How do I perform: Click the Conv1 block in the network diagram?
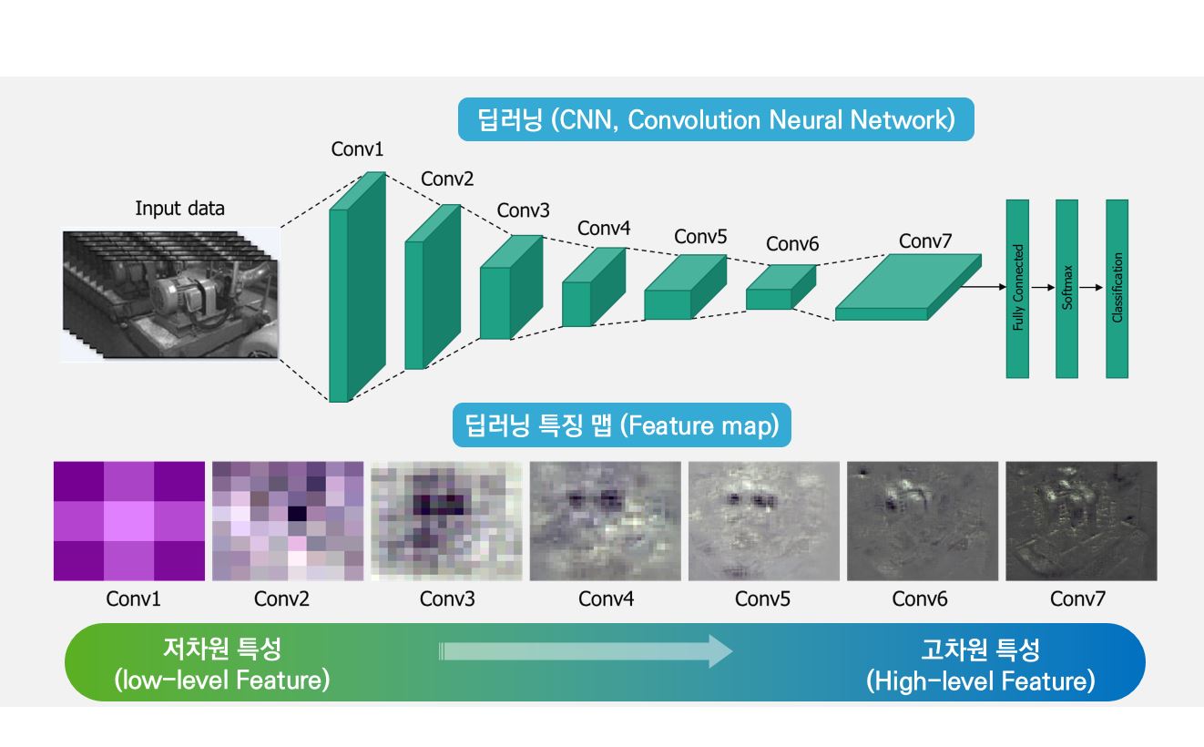(x=357, y=287)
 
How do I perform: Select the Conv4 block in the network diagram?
(x=594, y=287)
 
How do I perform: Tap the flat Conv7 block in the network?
(x=908, y=287)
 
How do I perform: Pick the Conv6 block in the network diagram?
(x=781, y=287)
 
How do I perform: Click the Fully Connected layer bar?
(x=1017, y=289)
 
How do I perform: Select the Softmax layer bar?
(x=1067, y=289)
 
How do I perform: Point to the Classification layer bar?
(x=1117, y=289)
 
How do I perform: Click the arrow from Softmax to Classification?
(x=1091, y=288)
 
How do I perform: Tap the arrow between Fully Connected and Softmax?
(x=1043, y=288)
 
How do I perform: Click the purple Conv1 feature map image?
(x=129, y=520)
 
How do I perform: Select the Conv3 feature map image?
(x=446, y=520)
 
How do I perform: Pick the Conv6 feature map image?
(x=923, y=520)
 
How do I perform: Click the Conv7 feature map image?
(x=1081, y=520)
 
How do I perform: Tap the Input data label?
(x=179, y=208)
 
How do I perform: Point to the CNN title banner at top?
(x=716, y=119)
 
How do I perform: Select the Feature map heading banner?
(x=622, y=425)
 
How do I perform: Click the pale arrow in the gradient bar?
(x=586, y=651)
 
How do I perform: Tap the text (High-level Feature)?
(x=980, y=680)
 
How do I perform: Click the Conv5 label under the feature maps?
(x=762, y=599)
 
